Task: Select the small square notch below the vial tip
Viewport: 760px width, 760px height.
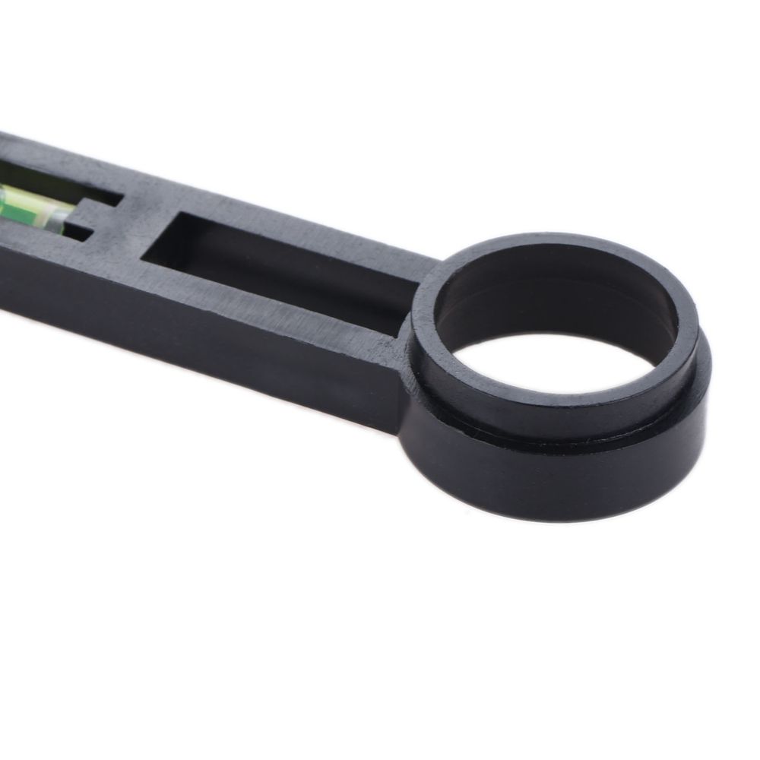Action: pos(81,228)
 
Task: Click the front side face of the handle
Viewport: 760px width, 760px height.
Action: pos(190,334)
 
